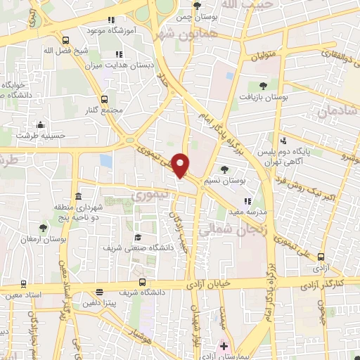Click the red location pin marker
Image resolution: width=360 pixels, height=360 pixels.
click(x=180, y=165)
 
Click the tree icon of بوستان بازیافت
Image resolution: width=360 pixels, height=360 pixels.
click(x=263, y=86)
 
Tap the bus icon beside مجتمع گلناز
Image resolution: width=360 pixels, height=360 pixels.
click(x=104, y=99)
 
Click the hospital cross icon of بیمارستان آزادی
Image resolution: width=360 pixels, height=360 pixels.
click(x=224, y=346)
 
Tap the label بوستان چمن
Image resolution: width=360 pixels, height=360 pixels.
click(x=195, y=16)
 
